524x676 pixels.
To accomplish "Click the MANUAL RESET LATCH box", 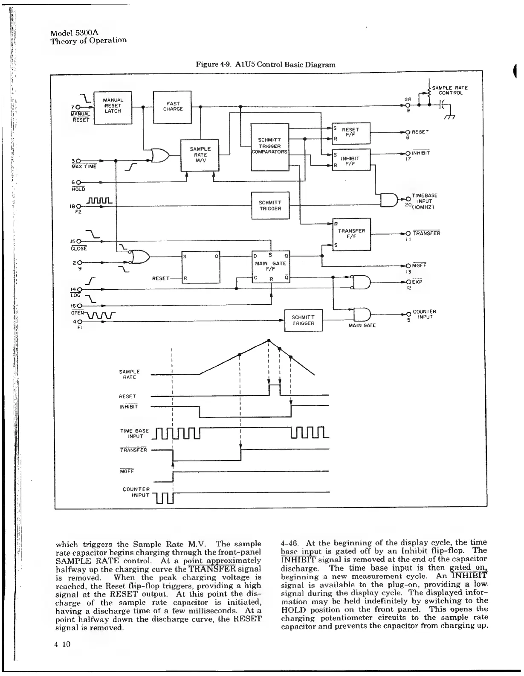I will click(x=113, y=107).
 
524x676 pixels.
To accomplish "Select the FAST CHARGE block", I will click(x=172, y=107).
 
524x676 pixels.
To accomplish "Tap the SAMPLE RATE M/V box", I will click(x=200, y=154).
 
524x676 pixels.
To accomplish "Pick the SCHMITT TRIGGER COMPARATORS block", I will click(x=270, y=146).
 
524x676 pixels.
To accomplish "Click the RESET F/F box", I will click(x=351, y=133).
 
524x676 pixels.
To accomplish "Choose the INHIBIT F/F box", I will click(x=351, y=159).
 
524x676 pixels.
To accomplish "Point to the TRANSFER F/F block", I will click(x=351, y=234).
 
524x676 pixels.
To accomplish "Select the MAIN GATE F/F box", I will click(x=270, y=266).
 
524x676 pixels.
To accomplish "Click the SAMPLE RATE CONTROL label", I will click(x=450, y=90).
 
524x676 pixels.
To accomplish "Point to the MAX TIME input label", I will click(x=84, y=166).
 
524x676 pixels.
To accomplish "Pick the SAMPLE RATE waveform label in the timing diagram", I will click(x=129, y=374).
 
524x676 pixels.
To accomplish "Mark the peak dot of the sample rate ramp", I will click(x=269, y=340).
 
